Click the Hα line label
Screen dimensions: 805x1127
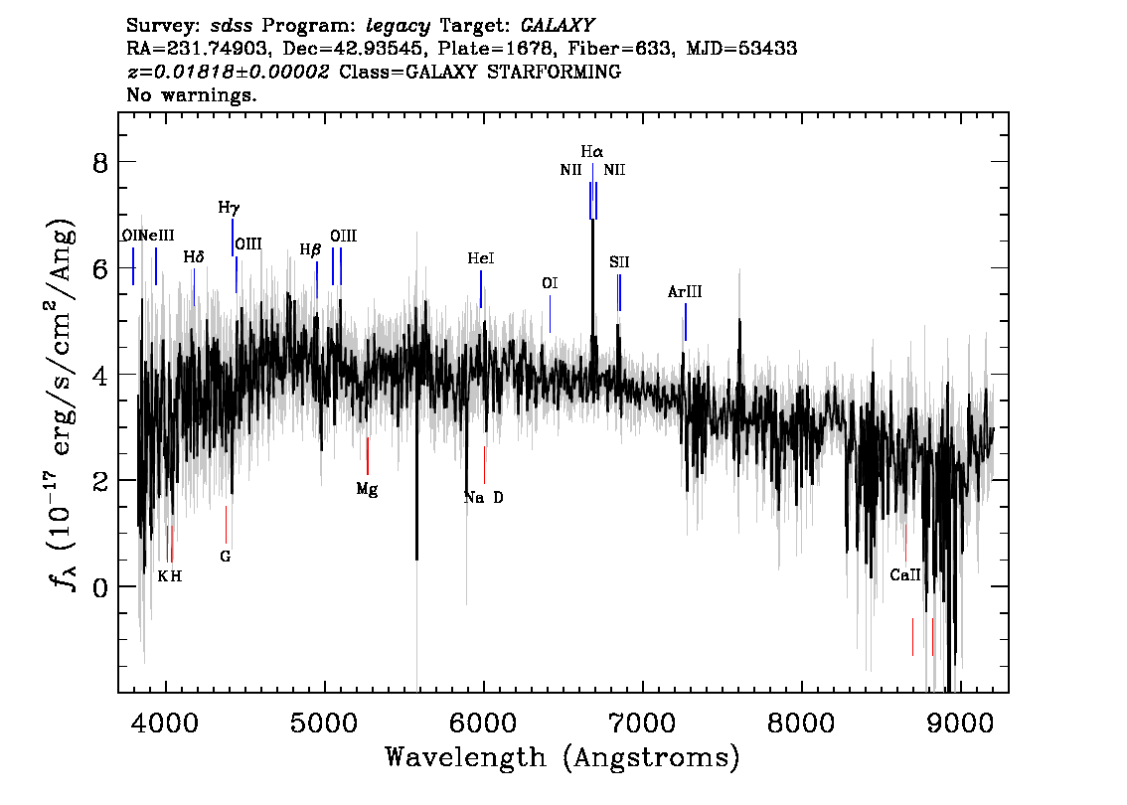click(x=591, y=152)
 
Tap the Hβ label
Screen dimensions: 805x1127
click(x=310, y=250)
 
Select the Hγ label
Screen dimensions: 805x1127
click(x=229, y=208)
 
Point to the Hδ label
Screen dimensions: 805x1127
click(x=194, y=257)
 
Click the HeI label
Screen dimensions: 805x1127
click(x=481, y=258)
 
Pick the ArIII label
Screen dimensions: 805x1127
click(x=685, y=292)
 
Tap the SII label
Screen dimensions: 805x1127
click(x=619, y=262)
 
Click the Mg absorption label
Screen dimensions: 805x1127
click(x=367, y=489)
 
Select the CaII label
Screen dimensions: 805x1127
click(x=905, y=574)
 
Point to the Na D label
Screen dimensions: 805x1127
click(x=484, y=497)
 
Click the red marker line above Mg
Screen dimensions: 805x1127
click(x=368, y=456)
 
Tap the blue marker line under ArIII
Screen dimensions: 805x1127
click(x=685, y=322)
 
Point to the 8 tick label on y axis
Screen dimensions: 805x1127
click(x=99, y=162)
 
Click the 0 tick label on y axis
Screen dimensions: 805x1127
click(x=99, y=586)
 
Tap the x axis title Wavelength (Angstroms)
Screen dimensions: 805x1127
click(x=563, y=757)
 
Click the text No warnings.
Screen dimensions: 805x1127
click(x=192, y=95)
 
